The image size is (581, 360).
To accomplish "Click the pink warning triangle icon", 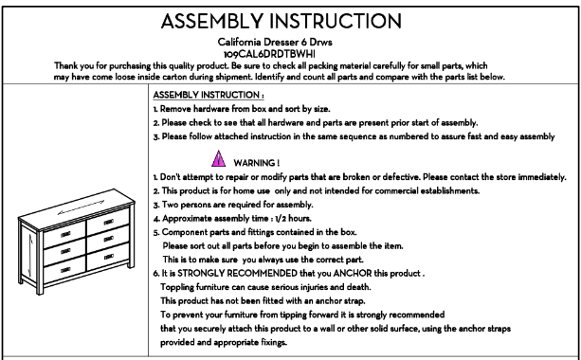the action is click(x=219, y=159).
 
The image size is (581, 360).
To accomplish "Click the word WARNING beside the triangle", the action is click(x=254, y=163).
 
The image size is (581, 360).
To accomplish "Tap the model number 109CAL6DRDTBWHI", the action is click(x=269, y=54).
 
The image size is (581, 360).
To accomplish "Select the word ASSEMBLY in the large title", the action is click(x=212, y=21).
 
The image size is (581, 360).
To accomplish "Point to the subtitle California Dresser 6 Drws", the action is click(x=275, y=43).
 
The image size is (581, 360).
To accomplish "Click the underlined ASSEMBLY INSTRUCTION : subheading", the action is click(x=209, y=95).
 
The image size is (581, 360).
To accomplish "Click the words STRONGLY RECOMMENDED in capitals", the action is click(x=237, y=274).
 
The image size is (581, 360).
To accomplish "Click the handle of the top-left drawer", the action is click(x=65, y=234).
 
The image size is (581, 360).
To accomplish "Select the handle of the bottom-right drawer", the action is click(x=109, y=257).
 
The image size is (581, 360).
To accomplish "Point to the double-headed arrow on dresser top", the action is click(x=82, y=207).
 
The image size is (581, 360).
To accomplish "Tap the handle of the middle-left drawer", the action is click(x=65, y=251).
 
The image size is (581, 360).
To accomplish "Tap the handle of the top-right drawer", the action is click(x=109, y=223).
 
